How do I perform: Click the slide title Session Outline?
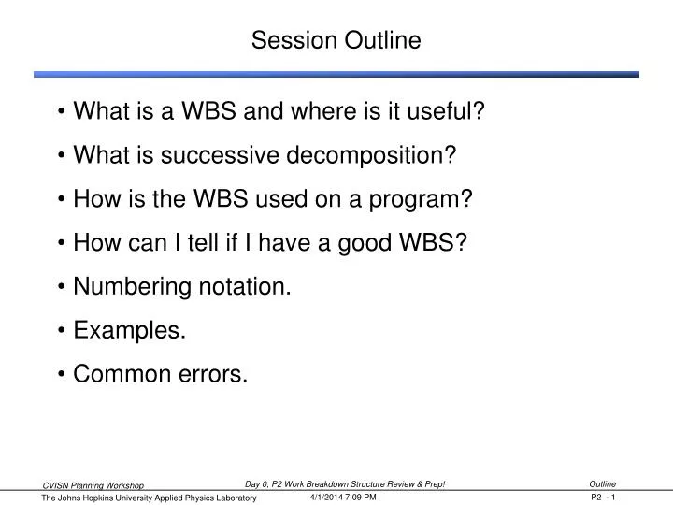(336, 41)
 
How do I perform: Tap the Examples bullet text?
(129, 331)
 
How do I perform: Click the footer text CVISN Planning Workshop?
(93, 485)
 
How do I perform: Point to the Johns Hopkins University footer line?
(150, 499)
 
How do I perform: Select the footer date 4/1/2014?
(327, 498)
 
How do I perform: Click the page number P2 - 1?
(603, 498)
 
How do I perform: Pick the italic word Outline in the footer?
(603, 483)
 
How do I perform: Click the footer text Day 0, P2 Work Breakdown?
(308, 483)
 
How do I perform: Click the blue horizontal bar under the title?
(336, 74)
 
